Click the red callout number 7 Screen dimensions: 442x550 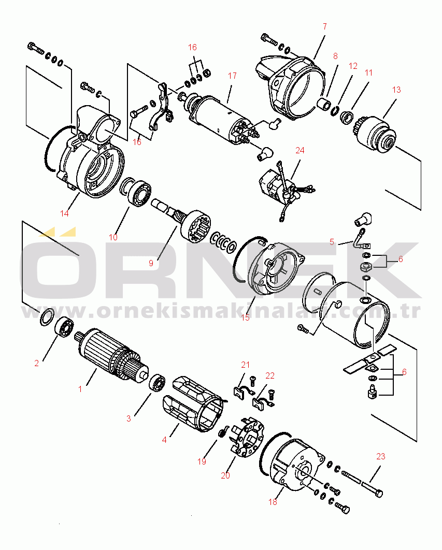[x=325, y=26]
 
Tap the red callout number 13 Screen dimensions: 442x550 [x=396, y=90]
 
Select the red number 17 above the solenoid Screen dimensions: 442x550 [x=232, y=76]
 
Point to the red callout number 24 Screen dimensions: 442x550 [x=300, y=151]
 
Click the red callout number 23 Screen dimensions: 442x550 [x=381, y=456]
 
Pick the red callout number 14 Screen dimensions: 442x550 [x=64, y=213]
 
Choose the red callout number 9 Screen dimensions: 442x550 [x=151, y=263]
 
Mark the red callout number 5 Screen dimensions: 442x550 [x=332, y=242]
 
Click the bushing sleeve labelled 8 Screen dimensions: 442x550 [x=324, y=105]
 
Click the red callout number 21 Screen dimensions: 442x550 [x=246, y=365]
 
